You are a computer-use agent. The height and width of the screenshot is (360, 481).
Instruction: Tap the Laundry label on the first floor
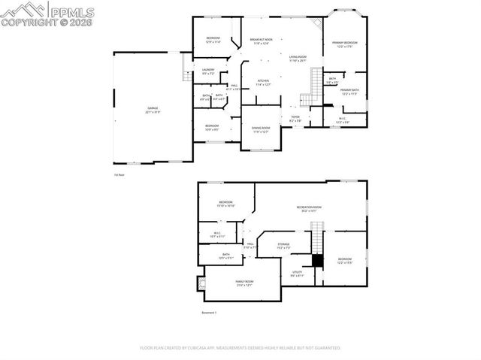pyautogui.click(x=208, y=71)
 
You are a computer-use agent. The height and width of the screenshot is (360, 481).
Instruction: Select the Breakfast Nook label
pyautogui.click(x=262, y=41)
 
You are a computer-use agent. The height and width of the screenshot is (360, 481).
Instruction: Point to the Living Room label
pyautogui.click(x=298, y=58)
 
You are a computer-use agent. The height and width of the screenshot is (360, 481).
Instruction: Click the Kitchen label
pyautogui.click(x=263, y=83)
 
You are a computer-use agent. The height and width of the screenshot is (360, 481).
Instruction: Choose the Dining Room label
pyautogui.click(x=260, y=129)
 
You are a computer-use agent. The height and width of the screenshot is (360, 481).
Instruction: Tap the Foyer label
pyautogui.click(x=295, y=119)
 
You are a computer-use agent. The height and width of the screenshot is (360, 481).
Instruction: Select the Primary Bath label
pyautogui.click(x=350, y=91)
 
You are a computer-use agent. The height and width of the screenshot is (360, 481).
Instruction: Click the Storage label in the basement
pyautogui.click(x=283, y=245)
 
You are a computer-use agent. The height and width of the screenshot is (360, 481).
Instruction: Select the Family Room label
pyautogui.click(x=244, y=283)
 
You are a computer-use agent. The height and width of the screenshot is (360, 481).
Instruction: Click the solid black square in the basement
pyautogui.click(x=317, y=261)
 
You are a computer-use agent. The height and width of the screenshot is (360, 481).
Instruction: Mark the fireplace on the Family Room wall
pyautogui.click(x=201, y=284)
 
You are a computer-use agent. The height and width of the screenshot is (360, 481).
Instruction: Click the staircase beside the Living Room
pyautogui.click(x=306, y=98)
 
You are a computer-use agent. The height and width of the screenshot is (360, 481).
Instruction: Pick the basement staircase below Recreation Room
pyautogui.click(x=317, y=242)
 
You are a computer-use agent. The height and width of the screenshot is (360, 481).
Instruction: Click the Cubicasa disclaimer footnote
pyautogui.click(x=240, y=348)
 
